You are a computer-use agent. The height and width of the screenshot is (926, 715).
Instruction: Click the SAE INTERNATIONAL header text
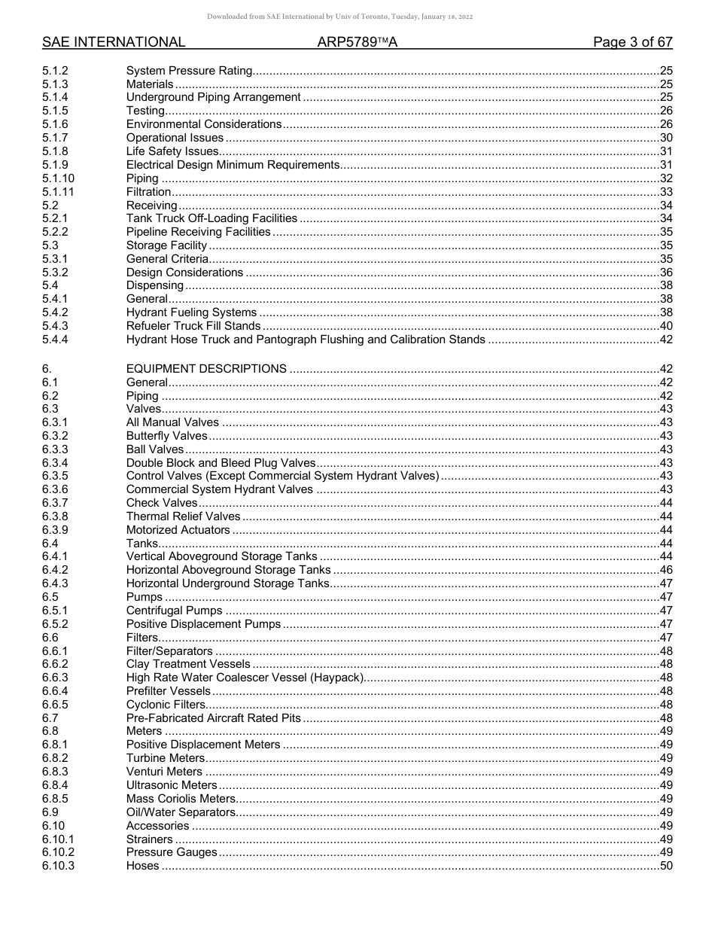click(114, 42)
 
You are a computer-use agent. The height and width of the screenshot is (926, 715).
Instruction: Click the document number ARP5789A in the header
click(357, 42)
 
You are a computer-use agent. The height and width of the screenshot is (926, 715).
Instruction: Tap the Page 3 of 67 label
click(632, 42)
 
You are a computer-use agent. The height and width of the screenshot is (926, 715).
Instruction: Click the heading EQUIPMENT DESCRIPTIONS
click(206, 369)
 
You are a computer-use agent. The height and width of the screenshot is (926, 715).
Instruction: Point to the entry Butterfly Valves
click(166, 436)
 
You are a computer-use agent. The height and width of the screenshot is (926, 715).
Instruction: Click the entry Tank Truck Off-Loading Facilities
click(211, 218)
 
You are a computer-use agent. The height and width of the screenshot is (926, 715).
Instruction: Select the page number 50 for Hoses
click(665, 866)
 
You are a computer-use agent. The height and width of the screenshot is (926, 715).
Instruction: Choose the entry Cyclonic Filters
click(166, 705)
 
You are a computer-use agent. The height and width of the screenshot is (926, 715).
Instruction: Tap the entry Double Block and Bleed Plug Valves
click(221, 463)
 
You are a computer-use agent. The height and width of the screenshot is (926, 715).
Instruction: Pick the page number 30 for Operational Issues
click(665, 138)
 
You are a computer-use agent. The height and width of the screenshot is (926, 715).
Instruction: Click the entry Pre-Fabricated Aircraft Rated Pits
click(213, 718)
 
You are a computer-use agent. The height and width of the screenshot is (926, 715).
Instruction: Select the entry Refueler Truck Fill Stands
click(193, 326)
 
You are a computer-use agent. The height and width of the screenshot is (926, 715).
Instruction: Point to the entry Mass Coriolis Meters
click(181, 799)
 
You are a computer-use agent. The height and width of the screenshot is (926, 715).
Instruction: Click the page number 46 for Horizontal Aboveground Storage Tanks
click(665, 570)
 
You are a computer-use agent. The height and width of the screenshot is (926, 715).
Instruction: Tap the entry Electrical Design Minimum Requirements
click(233, 165)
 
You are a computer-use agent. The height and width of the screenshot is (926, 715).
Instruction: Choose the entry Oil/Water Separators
click(181, 812)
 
